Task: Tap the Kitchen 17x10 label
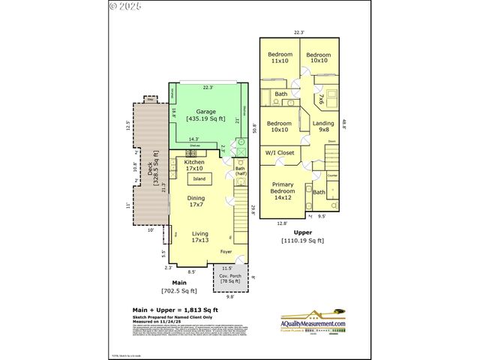[194, 165]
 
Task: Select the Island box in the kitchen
[199, 178]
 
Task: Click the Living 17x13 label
[200, 237]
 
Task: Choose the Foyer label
[226, 252]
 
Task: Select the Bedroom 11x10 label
[279, 58]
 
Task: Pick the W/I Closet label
[280, 153]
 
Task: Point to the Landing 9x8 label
[324, 127]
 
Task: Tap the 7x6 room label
[320, 97]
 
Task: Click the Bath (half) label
[241, 171]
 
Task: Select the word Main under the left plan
[178, 283]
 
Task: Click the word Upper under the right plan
[302, 232]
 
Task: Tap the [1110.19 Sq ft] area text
[302, 241]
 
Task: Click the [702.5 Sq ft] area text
[178, 291]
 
